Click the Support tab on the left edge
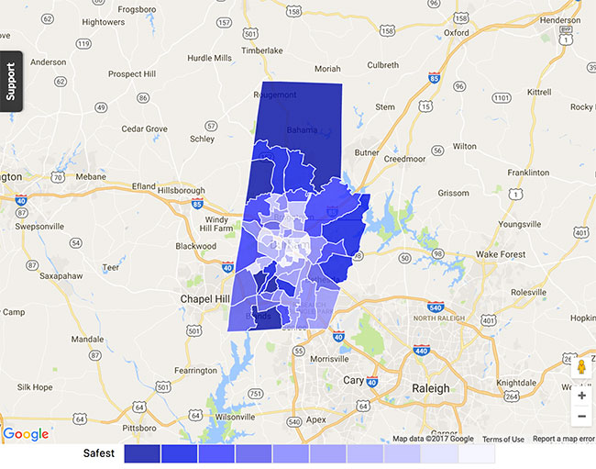pyautogui.click(x=11, y=82)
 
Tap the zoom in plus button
pyautogui.click(x=581, y=396)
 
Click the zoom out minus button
pyautogui.click(x=581, y=417)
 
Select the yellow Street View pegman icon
pyautogui.click(x=581, y=367)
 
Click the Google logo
pyautogui.click(x=26, y=434)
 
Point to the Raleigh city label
pyautogui.click(x=430, y=388)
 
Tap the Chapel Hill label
pyautogui.click(x=210, y=299)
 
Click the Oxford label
pyautogui.click(x=456, y=32)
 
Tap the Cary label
pyautogui.click(x=353, y=379)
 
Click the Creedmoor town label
pyautogui.click(x=405, y=159)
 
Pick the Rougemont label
pyautogui.click(x=275, y=95)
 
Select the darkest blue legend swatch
pyautogui.click(x=141, y=453)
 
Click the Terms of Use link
pyautogui.click(x=503, y=440)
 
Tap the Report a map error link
pyautogui.click(x=563, y=440)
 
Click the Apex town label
pyautogui.click(x=315, y=419)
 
